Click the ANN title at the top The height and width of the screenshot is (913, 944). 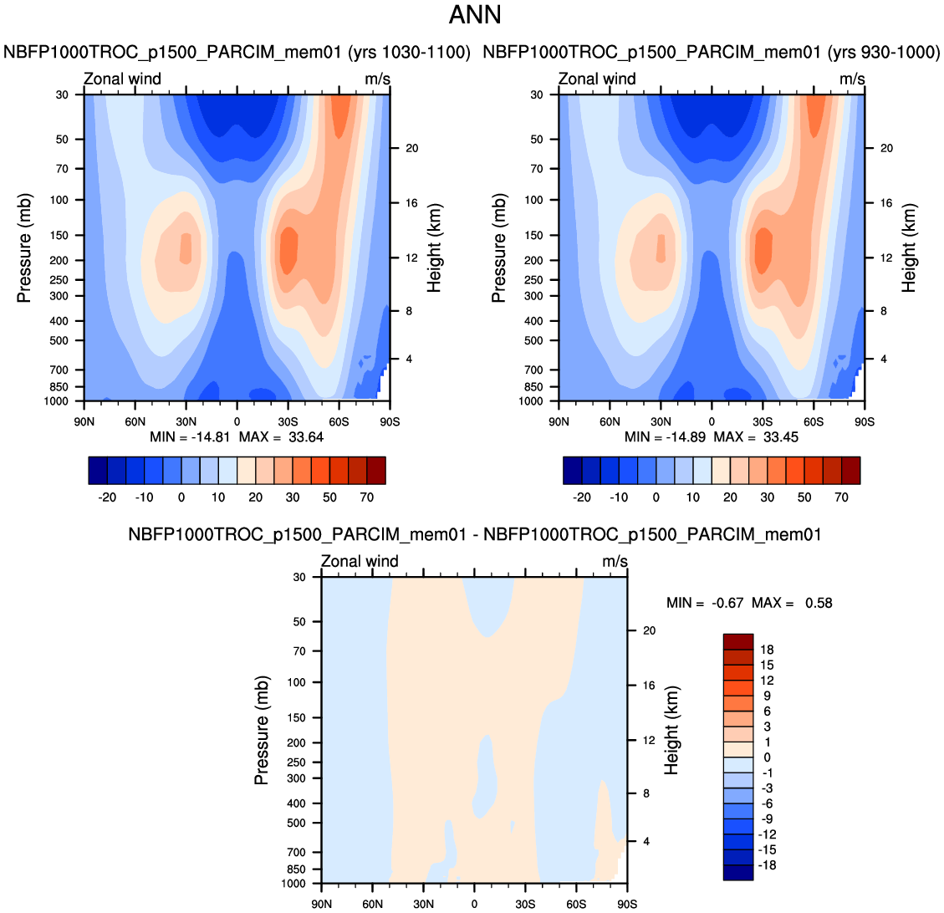tap(475, 15)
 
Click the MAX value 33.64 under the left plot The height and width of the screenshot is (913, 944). tap(306, 437)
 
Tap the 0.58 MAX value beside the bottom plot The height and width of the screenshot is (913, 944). tap(819, 603)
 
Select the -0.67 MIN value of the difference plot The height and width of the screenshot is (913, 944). tap(727, 603)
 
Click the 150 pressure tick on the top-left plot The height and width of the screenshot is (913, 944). tap(59, 235)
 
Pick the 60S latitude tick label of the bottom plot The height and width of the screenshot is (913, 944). tap(576, 904)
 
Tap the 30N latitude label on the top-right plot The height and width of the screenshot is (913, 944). tap(661, 422)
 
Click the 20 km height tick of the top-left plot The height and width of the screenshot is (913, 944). tap(411, 148)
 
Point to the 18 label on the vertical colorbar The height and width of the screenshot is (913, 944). tap(767, 650)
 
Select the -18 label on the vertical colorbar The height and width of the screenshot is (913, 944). tap(767, 865)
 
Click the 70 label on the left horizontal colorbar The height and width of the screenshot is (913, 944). tap(366, 497)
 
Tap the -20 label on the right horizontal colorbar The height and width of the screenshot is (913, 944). tap(582, 497)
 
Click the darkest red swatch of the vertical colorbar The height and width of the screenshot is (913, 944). tap(738, 641)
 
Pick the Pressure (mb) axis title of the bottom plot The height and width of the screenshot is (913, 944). tap(261, 730)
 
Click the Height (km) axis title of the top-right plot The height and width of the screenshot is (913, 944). tap(909, 248)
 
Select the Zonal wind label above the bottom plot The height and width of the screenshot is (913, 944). tap(360, 561)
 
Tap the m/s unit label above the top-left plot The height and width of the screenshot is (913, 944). tap(377, 79)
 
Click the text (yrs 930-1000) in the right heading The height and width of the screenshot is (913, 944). tap(883, 53)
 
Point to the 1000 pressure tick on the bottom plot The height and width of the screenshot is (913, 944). tap(293, 884)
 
